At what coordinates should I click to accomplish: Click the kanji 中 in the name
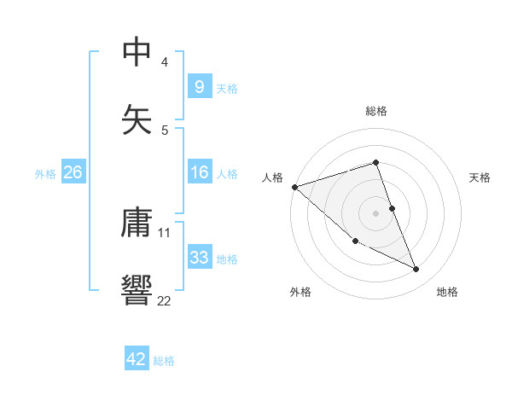(x=137, y=52)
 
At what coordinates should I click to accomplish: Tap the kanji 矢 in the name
(x=137, y=120)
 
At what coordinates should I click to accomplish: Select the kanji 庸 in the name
(x=137, y=223)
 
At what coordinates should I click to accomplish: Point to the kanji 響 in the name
(x=137, y=290)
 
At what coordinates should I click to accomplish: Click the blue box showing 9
(x=199, y=86)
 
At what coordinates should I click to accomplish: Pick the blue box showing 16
(x=199, y=172)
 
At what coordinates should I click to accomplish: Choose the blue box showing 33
(x=199, y=258)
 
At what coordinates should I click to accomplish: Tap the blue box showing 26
(x=73, y=172)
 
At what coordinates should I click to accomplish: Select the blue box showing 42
(x=137, y=359)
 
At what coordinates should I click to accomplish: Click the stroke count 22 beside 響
(x=164, y=300)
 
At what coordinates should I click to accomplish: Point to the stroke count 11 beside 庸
(x=164, y=232)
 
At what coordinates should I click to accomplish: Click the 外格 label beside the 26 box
(x=45, y=173)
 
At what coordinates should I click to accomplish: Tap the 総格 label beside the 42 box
(x=164, y=361)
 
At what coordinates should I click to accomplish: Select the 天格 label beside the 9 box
(x=227, y=88)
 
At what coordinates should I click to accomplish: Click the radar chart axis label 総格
(x=375, y=111)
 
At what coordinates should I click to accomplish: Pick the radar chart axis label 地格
(x=447, y=292)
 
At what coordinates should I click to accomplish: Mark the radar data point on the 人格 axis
(x=294, y=187)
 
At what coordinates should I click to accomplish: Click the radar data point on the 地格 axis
(x=416, y=270)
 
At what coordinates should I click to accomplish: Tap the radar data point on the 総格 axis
(x=375, y=162)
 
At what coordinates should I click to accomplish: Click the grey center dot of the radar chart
(x=375, y=213)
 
